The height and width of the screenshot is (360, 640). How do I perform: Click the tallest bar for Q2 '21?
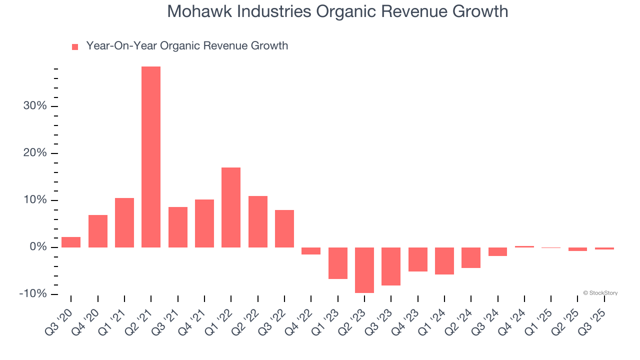point(151,157)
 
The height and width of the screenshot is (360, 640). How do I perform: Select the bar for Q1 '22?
point(231,207)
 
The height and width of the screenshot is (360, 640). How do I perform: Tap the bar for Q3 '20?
point(71,242)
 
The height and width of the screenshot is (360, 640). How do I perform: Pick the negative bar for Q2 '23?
point(364,270)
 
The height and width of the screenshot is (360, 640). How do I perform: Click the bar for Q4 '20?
point(98,231)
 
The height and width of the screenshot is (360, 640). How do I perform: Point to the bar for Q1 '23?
point(337,263)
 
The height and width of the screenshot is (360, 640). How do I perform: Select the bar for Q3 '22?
point(284,228)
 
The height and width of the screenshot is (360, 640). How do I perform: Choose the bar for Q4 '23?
point(417,259)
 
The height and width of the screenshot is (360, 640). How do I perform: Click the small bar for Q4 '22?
point(311,251)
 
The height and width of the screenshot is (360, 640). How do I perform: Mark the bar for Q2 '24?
point(471,257)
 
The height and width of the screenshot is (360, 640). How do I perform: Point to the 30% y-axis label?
point(35,106)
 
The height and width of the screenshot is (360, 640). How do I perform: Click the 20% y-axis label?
point(35,153)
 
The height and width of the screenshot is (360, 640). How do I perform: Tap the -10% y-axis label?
point(33,293)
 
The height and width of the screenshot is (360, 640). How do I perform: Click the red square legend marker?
point(75,46)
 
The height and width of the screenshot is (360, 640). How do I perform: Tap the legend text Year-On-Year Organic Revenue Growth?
point(187,46)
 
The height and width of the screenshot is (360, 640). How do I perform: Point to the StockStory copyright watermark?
point(600,293)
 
